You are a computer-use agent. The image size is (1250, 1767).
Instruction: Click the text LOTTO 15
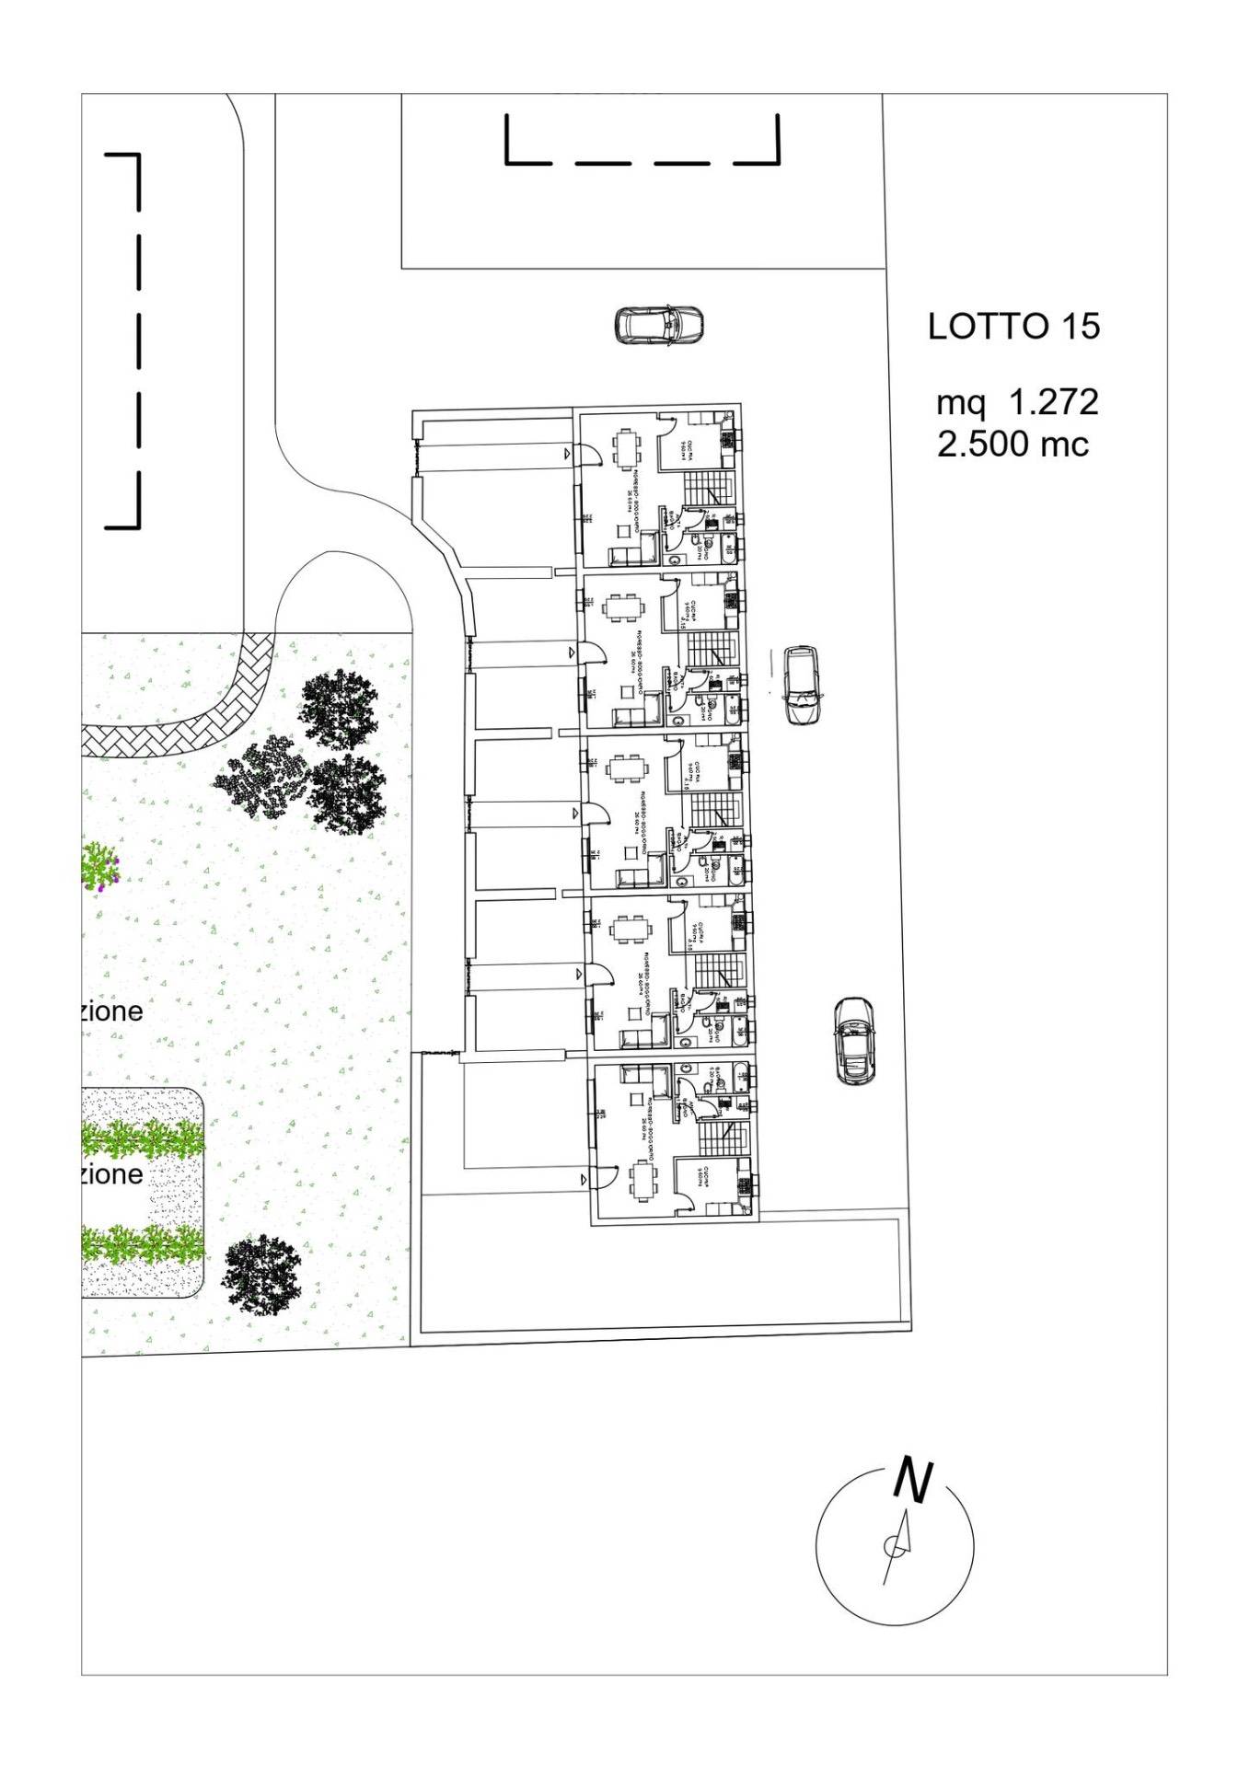[1013, 327]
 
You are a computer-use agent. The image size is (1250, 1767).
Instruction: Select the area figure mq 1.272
[1016, 402]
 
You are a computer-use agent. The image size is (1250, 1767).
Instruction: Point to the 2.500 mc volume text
[1013, 445]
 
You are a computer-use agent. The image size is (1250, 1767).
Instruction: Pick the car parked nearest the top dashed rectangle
[659, 325]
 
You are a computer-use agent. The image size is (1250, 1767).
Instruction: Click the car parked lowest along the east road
[854, 1040]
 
